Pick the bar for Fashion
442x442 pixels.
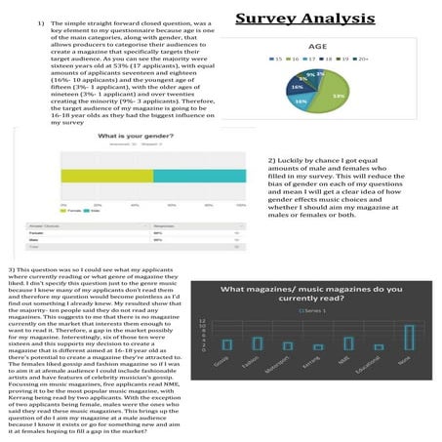[258, 342]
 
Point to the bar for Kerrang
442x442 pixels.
[318, 346]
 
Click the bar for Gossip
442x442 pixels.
[226, 344]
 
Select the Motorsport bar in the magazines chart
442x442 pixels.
[288, 345]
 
